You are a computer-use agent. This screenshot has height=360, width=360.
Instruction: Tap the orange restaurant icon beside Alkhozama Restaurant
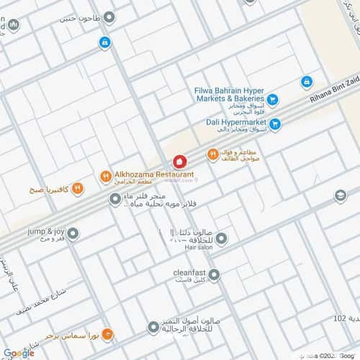(x=105, y=175)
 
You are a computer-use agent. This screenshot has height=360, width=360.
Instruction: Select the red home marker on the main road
(x=180, y=162)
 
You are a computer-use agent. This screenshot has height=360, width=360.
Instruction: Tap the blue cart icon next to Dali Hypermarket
(x=275, y=124)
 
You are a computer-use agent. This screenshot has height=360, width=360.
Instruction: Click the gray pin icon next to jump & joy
(x=73, y=233)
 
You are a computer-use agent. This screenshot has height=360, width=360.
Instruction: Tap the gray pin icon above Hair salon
(x=222, y=238)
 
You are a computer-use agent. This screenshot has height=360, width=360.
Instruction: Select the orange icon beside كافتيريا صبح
(x=77, y=189)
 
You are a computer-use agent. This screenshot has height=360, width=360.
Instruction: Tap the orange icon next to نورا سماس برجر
(x=107, y=334)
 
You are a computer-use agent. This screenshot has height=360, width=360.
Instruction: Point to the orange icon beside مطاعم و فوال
(x=212, y=154)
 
